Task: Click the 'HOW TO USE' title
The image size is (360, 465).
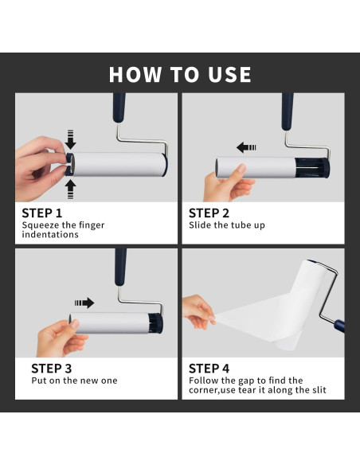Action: tap(180, 74)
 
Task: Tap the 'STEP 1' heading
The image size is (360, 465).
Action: tap(42, 213)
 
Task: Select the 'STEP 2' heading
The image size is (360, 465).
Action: tap(209, 213)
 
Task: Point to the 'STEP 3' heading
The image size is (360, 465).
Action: tap(52, 369)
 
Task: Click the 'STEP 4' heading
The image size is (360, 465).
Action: tap(209, 369)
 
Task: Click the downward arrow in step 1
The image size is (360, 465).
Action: tap(70, 139)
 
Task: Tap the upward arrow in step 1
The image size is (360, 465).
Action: tap(70, 190)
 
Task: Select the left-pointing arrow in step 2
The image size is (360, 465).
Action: tap(246, 147)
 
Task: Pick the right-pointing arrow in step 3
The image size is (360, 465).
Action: tap(84, 303)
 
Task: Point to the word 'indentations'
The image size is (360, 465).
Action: tap(50, 235)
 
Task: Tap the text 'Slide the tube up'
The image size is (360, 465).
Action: tap(227, 225)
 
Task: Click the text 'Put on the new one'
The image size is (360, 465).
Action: tap(74, 381)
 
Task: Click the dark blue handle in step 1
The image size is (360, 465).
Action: tap(119, 107)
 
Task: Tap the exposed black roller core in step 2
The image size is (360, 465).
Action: tap(312, 168)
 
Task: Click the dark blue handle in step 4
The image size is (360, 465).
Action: tap(339, 326)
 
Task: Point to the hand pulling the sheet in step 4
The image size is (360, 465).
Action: tap(198, 312)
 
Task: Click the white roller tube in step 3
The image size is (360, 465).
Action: tap(109, 323)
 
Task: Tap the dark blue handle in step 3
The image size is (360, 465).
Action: tap(120, 268)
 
